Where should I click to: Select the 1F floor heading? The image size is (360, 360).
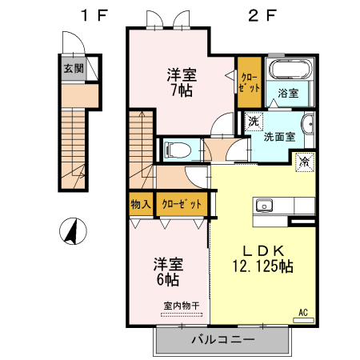[92, 15]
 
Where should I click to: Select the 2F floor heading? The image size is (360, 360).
[256, 15]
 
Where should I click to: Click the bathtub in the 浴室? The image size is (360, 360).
[289, 70]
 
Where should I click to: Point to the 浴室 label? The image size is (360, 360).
[288, 94]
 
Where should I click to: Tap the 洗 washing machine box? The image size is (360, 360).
[254, 122]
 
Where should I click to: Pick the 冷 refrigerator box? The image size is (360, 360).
[305, 162]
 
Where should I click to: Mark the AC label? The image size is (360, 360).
[303, 312]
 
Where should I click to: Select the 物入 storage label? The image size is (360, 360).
[141, 204]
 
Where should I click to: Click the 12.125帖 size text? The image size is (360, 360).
[262, 266]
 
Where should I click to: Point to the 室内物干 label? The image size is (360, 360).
[182, 305]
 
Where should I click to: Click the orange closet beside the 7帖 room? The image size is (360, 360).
[247, 82]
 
